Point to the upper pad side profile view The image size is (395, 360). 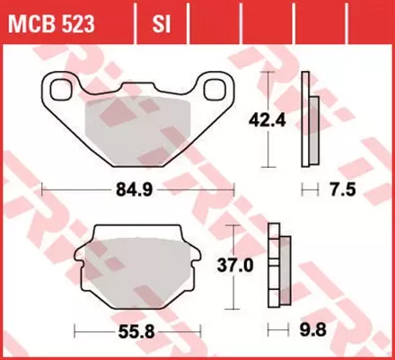(x=309, y=117)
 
